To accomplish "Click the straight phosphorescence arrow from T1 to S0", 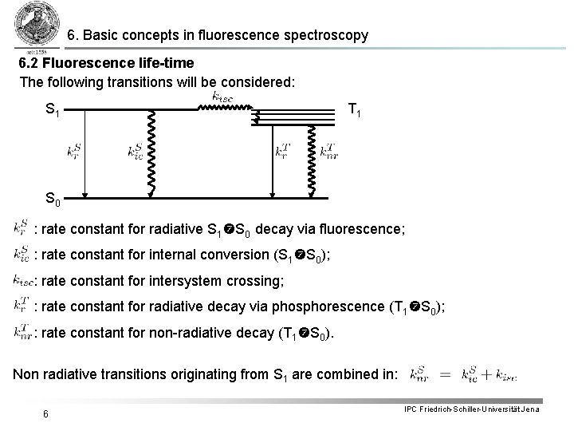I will click(272, 160).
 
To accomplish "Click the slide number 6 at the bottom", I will click(48, 413).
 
